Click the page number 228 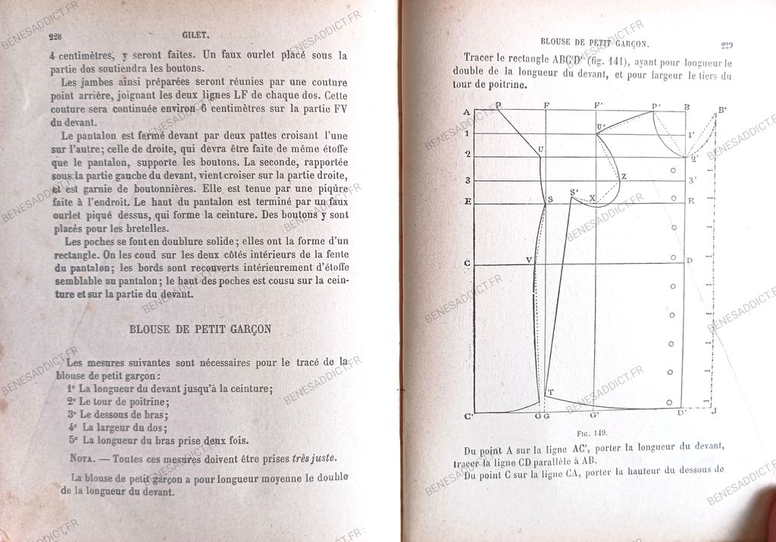(x=55, y=36)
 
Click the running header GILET (x=196, y=35)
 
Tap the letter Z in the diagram (x=623, y=177)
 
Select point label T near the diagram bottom (x=550, y=392)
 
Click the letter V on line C (x=530, y=260)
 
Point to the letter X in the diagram (x=592, y=199)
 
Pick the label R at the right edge (x=690, y=201)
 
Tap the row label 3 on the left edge (x=468, y=180)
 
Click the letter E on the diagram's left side (x=468, y=202)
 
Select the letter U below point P (x=540, y=149)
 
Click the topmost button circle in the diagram (x=673, y=170)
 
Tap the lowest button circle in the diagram (x=670, y=401)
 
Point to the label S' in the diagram (x=574, y=191)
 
